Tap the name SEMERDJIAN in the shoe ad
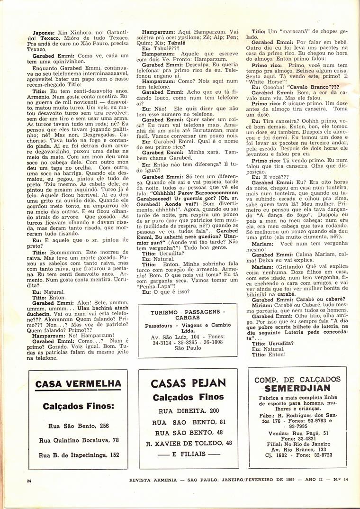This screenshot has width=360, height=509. pos(297,389)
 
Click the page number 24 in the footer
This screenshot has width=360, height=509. pos(29,481)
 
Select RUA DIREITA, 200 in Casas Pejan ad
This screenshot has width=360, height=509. pos(188,410)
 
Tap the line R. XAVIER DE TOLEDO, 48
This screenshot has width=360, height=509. pos(188,443)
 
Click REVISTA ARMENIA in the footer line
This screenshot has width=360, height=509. pos(154,480)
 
